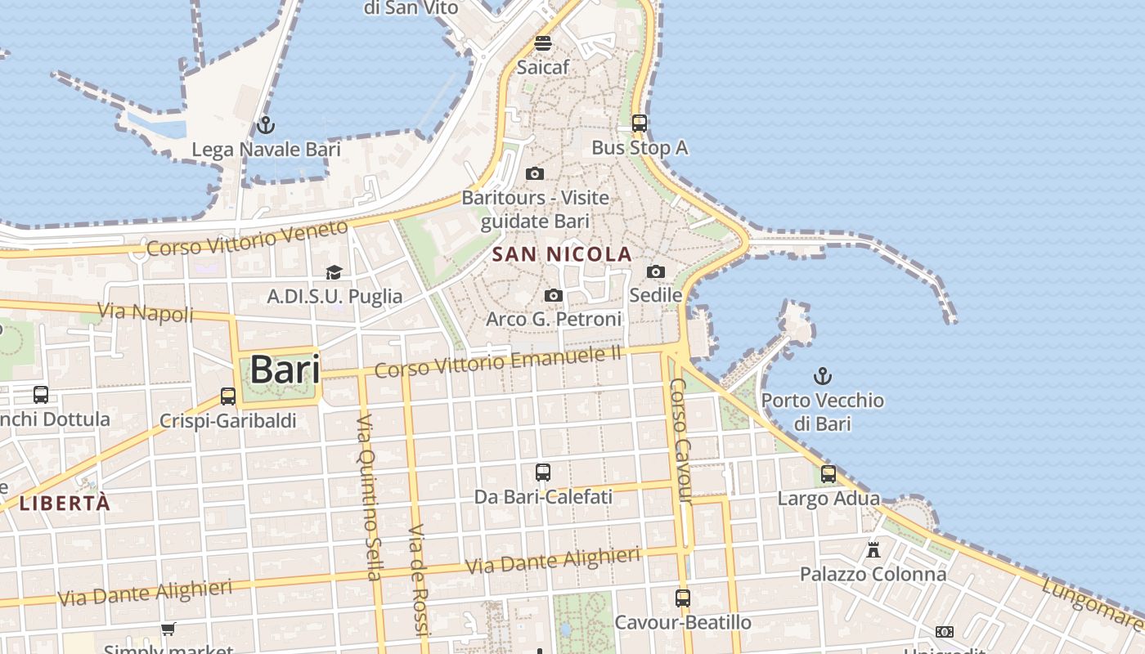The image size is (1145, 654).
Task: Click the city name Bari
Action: coord(285,370)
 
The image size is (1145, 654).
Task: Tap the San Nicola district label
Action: coord(562,254)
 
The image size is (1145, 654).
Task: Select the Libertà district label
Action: coord(65,503)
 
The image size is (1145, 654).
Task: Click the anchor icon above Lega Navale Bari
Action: coord(265,126)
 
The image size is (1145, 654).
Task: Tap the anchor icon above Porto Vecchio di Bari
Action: coord(823,376)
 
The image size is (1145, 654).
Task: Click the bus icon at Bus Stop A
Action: coord(640,123)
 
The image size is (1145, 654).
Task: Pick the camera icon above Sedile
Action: coord(656,271)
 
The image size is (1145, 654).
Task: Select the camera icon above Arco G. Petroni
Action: coord(554,295)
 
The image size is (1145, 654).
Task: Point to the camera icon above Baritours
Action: coord(535,173)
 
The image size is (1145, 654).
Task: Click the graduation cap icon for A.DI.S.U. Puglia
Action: coord(334,272)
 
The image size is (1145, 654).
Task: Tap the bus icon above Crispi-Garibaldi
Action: coord(228,396)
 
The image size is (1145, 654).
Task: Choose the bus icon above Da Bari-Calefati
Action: coord(543,472)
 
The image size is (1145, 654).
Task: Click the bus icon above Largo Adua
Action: coord(828,474)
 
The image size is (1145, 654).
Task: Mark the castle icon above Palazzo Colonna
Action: coord(873,549)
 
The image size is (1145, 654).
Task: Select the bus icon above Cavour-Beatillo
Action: coord(683,598)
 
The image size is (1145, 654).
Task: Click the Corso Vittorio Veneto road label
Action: coord(248,236)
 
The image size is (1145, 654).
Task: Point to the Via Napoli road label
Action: coord(146,311)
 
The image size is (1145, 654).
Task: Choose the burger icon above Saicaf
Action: coord(543,43)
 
